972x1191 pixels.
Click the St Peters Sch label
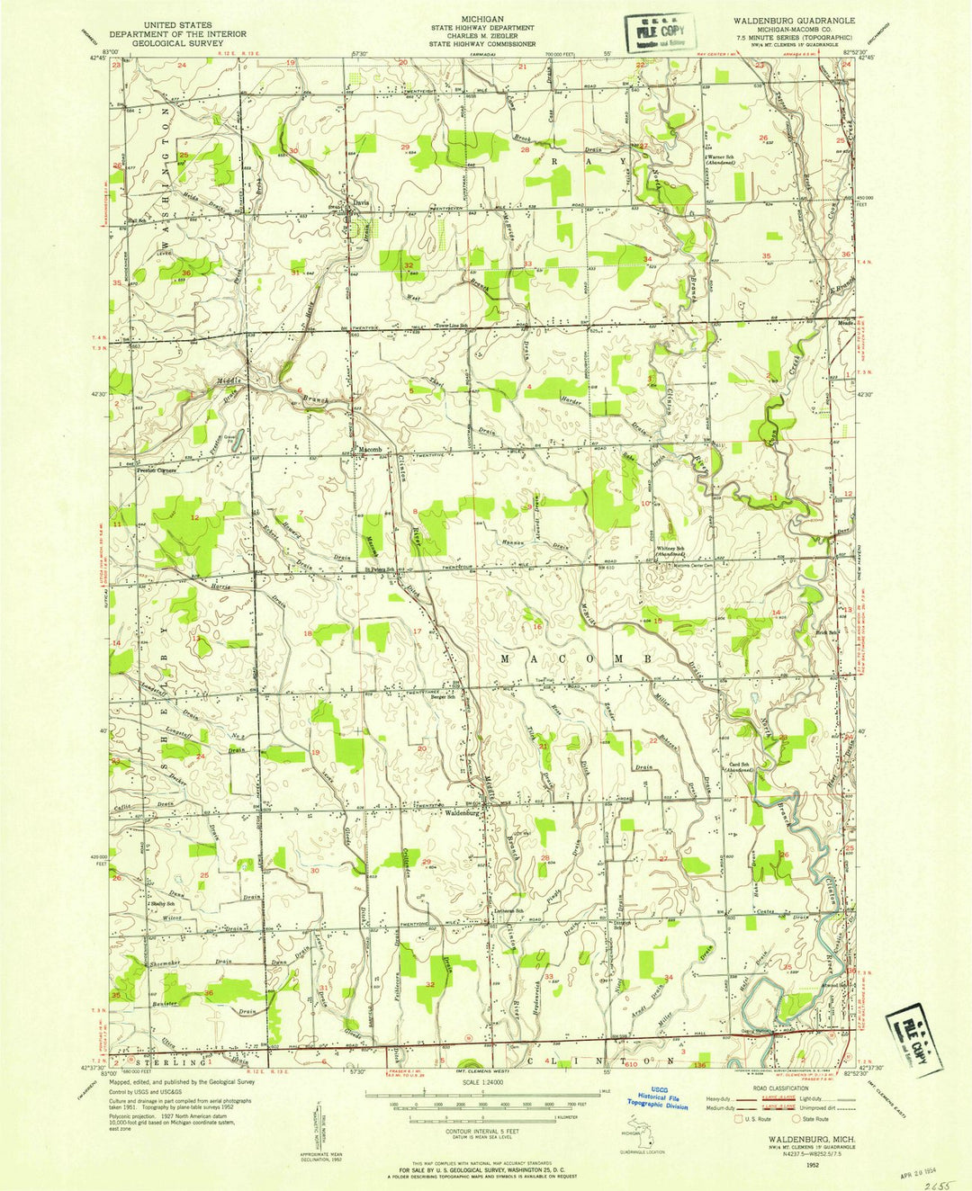click(x=380, y=569)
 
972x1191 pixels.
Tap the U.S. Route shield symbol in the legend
click(x=740, y=1121)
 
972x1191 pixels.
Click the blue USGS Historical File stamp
click(x=657, y=1101)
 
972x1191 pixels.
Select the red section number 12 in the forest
click(x=194, y=517)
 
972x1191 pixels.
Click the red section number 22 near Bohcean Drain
click(x=653, y=740)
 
